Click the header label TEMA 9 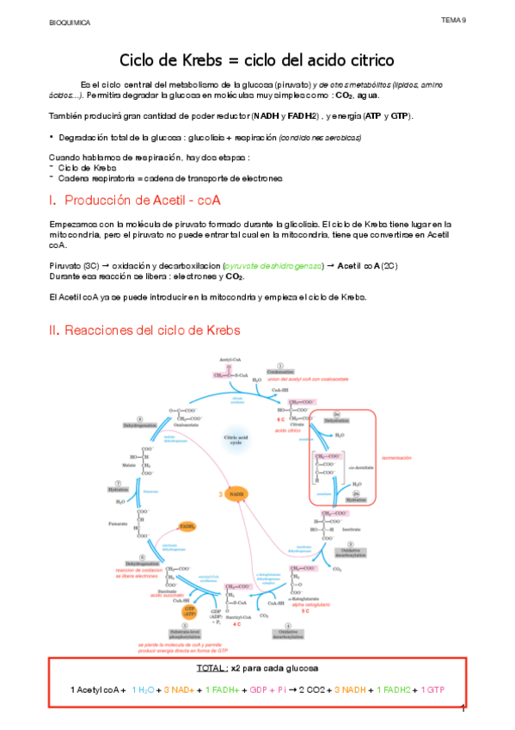tap(453, 19)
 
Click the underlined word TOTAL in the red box tap(214, 668)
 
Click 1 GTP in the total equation tap(432, 690)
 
